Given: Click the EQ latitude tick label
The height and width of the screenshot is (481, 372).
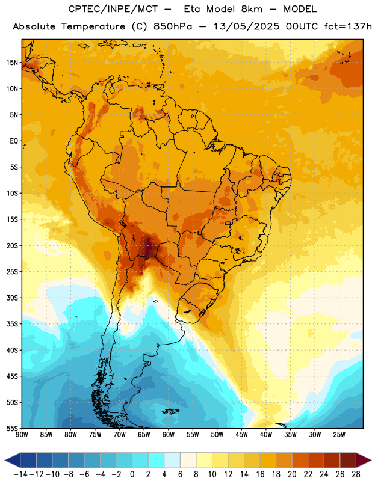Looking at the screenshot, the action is pyautogui.click(x=14, y=141).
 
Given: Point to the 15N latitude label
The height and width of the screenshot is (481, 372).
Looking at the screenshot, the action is pyautogui.click(x=12, y=63).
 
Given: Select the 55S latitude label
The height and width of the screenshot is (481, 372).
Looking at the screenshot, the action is pyautogui.click(x=12, y=429).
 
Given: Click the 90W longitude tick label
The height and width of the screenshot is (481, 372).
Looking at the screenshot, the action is pyautogui.click(x=22, y=435).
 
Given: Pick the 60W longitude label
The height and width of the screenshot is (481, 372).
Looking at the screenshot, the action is pyautogui.click(x=169, y=435).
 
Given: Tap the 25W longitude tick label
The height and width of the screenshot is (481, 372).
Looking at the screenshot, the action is pyautogui.click(x=339, y=435).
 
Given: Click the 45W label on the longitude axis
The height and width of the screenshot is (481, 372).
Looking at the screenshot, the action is pyautogui.click(x=241, y=435).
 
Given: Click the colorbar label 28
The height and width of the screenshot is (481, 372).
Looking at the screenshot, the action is pyautogui.click(x=356, y=474).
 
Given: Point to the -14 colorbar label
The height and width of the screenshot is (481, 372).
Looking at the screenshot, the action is pyautogui.click(x=20, y=474).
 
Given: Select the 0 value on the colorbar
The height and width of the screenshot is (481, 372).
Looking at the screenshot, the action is pyautogui.click(x=132, y=474).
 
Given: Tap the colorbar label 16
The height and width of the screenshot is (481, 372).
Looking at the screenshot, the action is pyautogui.click(x=260, y=474).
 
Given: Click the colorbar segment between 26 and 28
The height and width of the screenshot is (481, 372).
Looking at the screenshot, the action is pyautogui.click(x=348, y=461).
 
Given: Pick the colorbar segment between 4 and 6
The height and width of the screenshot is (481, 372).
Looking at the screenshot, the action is pyautogui.click(x=172, y=461).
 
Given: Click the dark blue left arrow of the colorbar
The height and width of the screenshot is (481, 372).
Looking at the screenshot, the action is pyautogui.click(x=12, y=461).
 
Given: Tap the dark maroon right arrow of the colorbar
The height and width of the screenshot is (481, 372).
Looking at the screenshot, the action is pyautogui.click(x=364, y=461).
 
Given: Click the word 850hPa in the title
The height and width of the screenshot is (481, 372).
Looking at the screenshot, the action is pyautogui.click(x=173, y=26).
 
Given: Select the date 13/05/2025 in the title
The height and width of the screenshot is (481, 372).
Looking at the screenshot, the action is pyautogui.click(x=246, y=26).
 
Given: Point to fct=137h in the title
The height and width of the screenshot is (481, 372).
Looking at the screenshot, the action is pyautogui.click(x=348, y=26).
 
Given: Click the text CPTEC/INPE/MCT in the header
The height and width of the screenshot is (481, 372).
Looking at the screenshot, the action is pyautogui.click(x=113, y=9).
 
